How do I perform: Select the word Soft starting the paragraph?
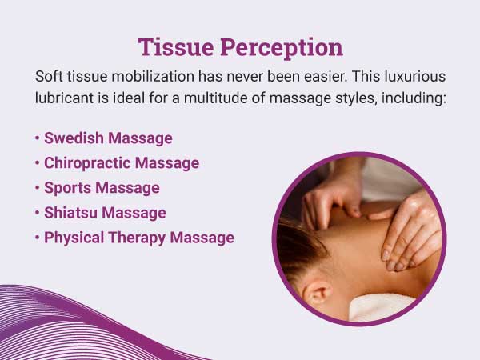[x=50, y=77]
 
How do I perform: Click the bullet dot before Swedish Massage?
[x=38, y=138]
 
